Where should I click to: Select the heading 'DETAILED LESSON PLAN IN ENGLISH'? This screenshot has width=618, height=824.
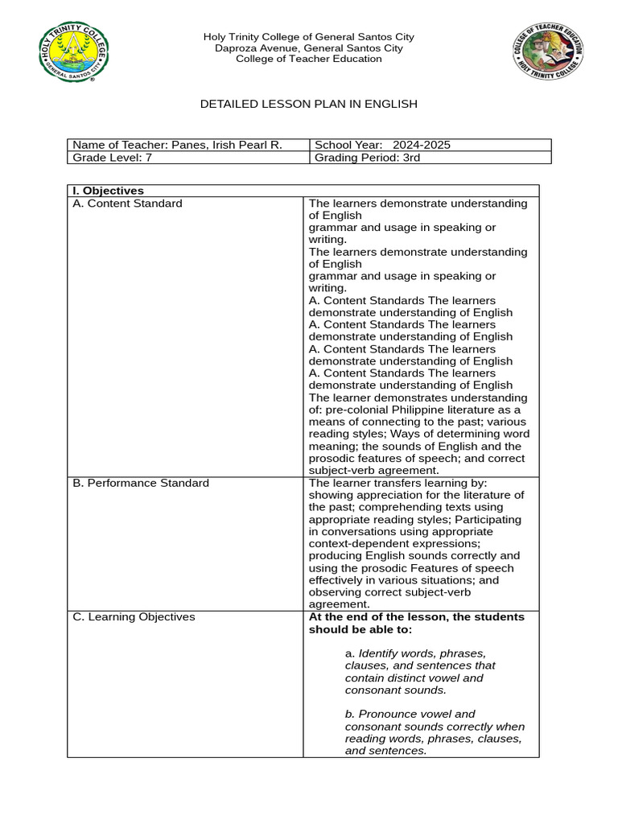click(308, 105)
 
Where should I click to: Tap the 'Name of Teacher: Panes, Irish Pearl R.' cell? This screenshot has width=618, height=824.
click(177, 145)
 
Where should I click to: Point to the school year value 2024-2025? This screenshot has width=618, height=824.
click(422, 145)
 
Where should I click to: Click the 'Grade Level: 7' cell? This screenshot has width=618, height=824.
click(112, 158)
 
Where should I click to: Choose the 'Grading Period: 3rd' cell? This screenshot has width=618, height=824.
click(367, 158)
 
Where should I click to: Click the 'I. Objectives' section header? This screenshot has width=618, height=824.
click(108, 191)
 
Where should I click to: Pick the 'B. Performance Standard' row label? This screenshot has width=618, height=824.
click(141, 483)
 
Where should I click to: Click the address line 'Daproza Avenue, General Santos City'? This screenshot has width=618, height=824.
click(309, 48)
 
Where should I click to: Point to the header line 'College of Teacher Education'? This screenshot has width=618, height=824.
click(309, 59)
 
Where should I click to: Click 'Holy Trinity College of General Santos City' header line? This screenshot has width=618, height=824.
click(309, 37)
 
